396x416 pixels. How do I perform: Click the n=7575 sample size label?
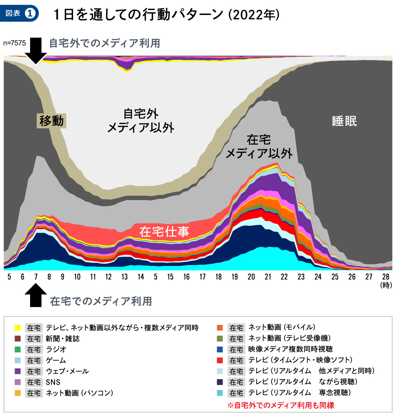click(14, 44)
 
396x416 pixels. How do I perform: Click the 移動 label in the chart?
click(51, 120)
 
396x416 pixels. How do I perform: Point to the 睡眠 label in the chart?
click(344, 121)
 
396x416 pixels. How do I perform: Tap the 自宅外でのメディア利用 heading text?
click(105, 43)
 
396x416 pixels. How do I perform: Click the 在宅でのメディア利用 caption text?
click(101, 302)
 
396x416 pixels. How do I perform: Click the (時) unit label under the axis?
click(385, 285)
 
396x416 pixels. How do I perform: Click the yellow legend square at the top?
click(17, 328)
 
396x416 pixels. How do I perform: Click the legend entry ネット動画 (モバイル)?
click(282, 327)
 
